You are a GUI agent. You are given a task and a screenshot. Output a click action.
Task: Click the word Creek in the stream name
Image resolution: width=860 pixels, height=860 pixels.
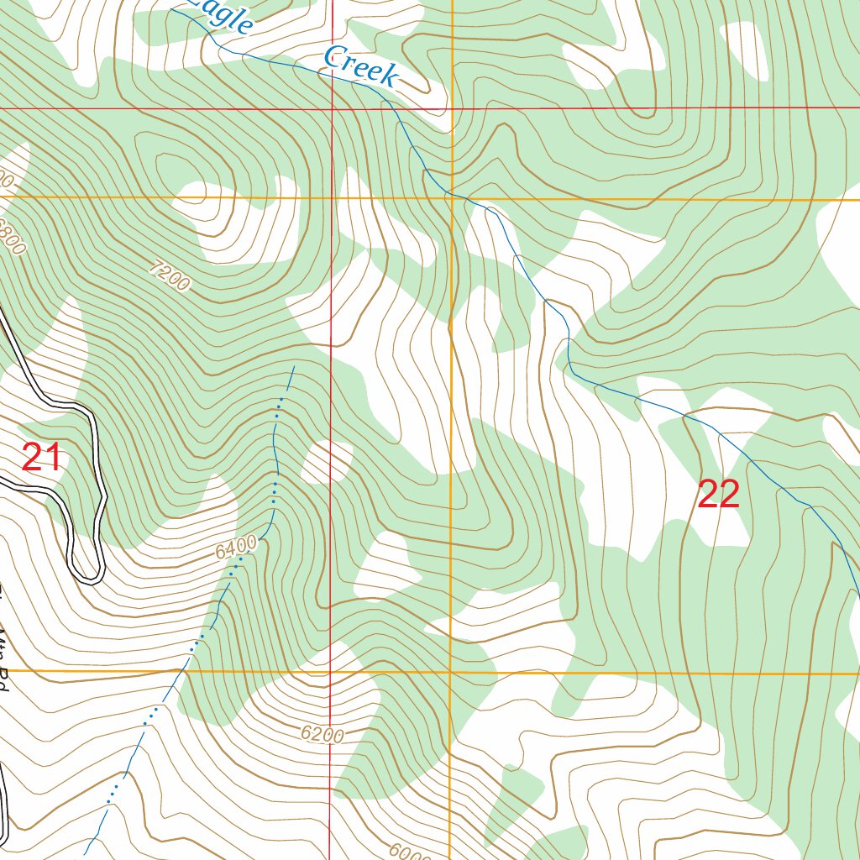coord(359,66)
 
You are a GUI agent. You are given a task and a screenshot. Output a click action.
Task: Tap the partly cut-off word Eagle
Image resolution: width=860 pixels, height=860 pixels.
coord(223,15)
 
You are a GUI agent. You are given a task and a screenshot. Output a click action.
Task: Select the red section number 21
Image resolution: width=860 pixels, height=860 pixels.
coord(41,459)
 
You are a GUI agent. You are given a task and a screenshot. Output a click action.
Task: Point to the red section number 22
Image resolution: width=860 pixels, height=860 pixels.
coord(718,495)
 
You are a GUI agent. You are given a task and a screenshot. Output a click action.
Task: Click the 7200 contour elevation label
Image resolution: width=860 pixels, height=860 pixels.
coord(169,276)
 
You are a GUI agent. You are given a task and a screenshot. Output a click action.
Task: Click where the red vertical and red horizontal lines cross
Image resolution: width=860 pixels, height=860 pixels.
coord(331,108)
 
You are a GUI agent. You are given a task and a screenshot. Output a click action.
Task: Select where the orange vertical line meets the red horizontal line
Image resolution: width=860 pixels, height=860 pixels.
coord(452,108)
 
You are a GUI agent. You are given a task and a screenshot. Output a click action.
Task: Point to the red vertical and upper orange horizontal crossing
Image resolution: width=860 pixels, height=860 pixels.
coord(331,197)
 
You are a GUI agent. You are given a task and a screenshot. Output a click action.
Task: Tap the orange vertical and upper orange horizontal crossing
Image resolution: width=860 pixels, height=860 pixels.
coord(452,198)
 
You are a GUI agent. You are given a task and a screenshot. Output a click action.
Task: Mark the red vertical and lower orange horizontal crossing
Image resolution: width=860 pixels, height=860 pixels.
coord(330,672)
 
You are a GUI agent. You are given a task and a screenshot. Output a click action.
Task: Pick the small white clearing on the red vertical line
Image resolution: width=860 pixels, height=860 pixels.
coord(328,462)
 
